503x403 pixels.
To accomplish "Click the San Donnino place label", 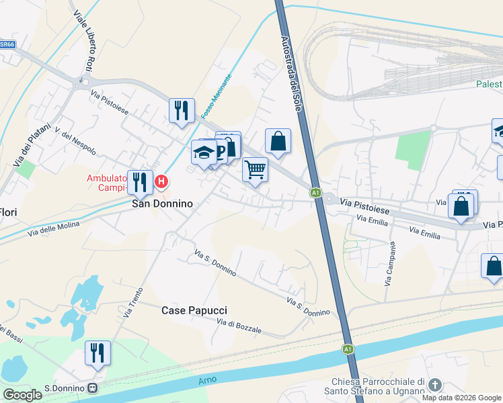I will click(x=161, y=204).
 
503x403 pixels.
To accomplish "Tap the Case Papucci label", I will click(x=194, y=310).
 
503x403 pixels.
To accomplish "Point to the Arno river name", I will click(x=208, y=380).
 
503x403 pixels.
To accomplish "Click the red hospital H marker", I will click(x=161, y=181).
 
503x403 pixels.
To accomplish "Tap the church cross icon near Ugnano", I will click(x=434, y=385).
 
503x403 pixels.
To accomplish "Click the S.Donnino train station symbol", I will click(x=92, y=388).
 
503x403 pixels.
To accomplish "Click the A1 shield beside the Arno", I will click(x=348, y=349).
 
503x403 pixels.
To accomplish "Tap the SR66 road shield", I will click(x=7, y=44).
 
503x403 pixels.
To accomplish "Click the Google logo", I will click(x=22, y=395).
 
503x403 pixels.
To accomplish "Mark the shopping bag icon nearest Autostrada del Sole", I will click(x=278, y=141).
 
